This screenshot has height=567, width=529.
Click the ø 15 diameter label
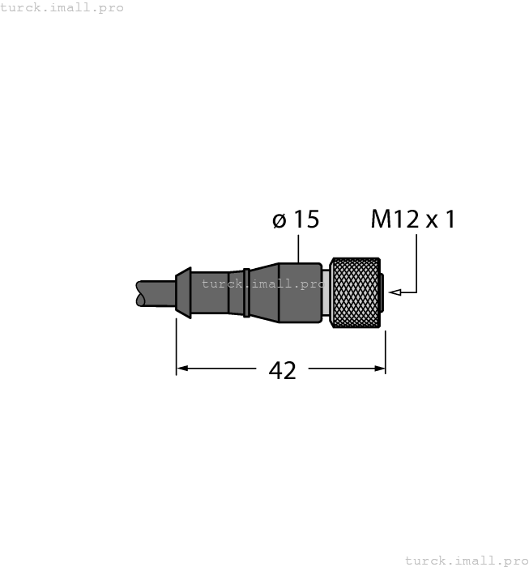296,220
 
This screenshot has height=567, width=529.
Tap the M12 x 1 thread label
413,219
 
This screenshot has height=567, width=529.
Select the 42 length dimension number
282,370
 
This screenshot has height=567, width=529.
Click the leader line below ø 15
299,247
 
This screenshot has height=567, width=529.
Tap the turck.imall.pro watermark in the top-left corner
62,7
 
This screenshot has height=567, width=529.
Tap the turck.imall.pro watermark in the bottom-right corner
466,560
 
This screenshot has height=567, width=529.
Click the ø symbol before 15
279,220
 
